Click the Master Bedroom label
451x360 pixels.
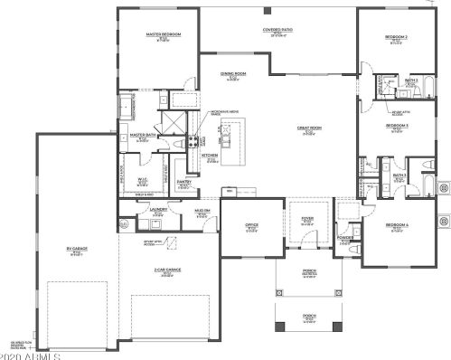[x=163, y=34]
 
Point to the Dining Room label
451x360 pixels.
[x=233, y=74]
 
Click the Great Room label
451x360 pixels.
[x=309, y=128]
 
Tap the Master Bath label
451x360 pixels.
[x=144, y=135]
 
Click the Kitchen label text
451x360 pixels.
[x=210, y=156]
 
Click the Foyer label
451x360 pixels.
[x=306, y=216]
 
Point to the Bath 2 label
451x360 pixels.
[x=409, y=80]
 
